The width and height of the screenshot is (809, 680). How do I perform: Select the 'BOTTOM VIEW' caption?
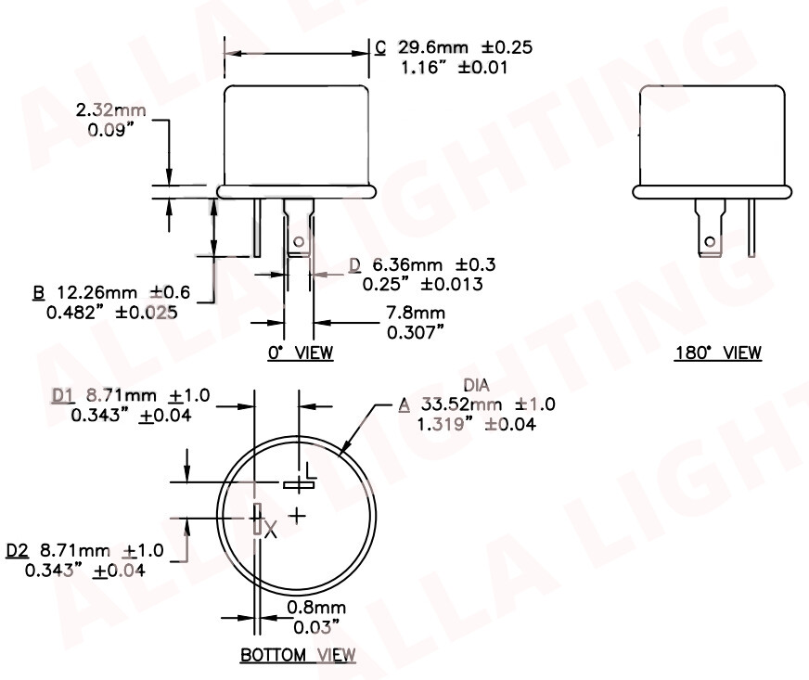(298, 655)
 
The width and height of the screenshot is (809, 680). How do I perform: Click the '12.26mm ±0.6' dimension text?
(121, 292)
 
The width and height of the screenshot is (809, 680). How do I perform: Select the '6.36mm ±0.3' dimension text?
(424, 265)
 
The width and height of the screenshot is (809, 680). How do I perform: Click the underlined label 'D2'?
(17, 550)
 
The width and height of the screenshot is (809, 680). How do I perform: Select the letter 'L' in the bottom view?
(311, 473)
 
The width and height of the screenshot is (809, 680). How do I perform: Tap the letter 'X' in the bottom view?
(271, 531)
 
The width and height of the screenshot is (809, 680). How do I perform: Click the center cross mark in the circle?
(297, 514)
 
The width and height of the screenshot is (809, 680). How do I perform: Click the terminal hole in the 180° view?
(709, 242)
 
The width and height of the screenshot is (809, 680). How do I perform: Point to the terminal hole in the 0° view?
(298, 243)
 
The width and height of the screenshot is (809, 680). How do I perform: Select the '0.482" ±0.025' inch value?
(111, 312)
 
